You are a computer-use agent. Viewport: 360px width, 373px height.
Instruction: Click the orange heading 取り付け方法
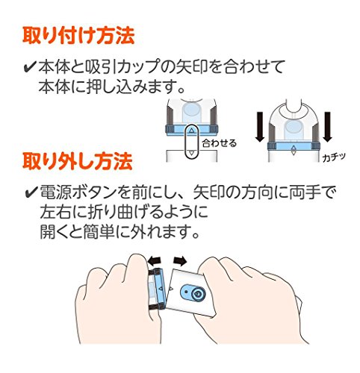click(x=78, y=37)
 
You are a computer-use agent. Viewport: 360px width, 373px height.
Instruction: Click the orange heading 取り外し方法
click(x=78, y=161)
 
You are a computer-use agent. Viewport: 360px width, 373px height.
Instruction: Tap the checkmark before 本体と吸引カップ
click(x=30, y=67)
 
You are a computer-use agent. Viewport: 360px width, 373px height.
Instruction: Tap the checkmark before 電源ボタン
click(x=31, y=192)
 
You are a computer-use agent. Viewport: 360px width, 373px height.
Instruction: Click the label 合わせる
click(x=219, y=143)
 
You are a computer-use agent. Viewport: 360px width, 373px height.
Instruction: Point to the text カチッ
click(x=334, y=157)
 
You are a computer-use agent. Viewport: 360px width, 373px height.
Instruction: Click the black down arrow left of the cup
click(x=260, y=127)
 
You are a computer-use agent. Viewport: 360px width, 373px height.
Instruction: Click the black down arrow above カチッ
click(x=328, y=127)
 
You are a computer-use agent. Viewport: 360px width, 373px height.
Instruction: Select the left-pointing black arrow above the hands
click(x=155, y=260)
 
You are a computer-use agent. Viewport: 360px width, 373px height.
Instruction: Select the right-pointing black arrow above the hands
click(x=180, y=260)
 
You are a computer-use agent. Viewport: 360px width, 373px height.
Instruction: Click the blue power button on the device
click(x=193, y=293)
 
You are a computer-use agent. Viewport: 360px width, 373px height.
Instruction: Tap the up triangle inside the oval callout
click(x=191, y=130)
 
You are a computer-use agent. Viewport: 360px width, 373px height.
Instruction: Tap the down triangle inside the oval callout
click(x=191, y=153)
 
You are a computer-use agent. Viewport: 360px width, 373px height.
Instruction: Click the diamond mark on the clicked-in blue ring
click(x=294, y=150)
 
